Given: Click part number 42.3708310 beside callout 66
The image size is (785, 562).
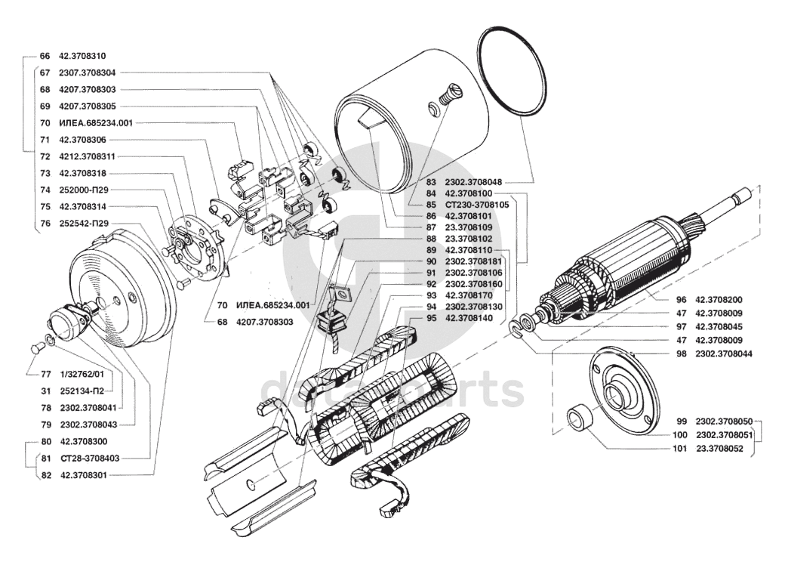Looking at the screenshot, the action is [82, 56].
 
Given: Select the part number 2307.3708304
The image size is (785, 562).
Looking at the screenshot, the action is [87, 73].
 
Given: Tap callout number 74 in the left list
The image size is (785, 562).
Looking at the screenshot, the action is [45, 190].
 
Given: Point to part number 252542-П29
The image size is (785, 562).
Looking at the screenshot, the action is [84, 224].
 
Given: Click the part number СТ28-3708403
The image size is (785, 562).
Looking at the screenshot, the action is [90, 459].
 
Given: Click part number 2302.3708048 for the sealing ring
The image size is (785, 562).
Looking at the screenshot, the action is [473, 182].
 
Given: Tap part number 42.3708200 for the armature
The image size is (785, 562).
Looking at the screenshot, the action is [719, 300].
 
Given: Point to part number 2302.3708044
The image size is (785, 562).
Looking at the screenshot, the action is [723, 354].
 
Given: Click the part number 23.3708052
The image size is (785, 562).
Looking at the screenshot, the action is [719, 449].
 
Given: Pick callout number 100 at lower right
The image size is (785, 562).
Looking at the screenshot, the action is [679, 435].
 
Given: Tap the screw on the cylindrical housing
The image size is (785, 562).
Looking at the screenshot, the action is [448, 94].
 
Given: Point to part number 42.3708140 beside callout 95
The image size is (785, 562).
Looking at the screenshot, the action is [469, 319].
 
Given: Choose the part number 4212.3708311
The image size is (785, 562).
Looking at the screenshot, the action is [87, 156].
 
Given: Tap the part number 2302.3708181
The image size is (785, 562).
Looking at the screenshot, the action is [473, 261].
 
